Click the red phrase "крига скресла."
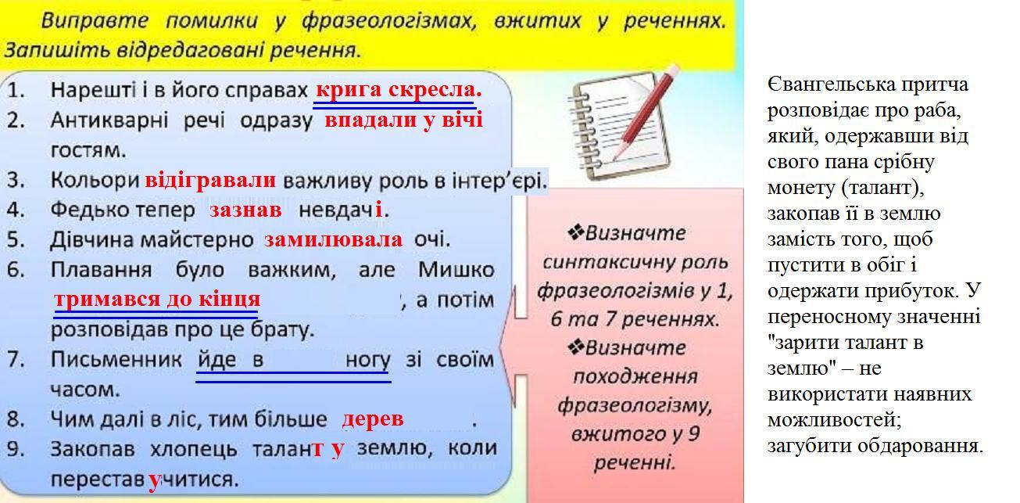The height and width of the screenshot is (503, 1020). [399, 90]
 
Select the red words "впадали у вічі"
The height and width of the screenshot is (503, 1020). [403, 120]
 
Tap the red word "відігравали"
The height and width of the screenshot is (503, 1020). [210, 181]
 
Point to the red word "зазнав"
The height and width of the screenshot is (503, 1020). [245, 210]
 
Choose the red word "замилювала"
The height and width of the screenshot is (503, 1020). [333, 240]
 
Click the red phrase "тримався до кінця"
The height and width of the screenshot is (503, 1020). [157, 300]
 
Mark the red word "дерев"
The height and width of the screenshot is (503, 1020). [373, 419]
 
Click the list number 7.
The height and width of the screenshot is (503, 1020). [16, 360]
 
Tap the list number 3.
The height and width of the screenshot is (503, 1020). [16, 181]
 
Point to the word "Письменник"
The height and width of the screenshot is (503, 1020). [116, 360]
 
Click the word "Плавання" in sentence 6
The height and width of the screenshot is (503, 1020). [101, 270]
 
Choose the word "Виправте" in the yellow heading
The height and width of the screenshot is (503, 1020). [95, 21]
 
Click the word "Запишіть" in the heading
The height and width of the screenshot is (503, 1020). [57, 50]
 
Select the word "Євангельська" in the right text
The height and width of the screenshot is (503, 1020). [829, 85]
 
